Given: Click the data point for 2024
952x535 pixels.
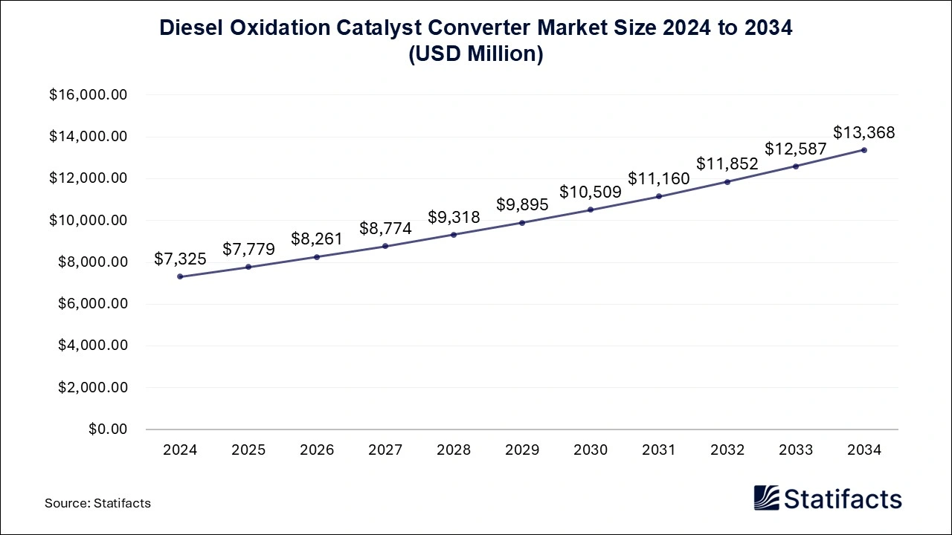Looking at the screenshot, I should point(180,276).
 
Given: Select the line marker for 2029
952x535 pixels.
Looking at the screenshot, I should point(522,223).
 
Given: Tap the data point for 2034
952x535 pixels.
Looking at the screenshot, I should point(864,150).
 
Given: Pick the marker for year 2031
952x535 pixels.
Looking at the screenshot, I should point(659,196).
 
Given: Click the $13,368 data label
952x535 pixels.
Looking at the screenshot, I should point(863,133).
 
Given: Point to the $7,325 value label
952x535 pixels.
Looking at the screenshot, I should point(179,259).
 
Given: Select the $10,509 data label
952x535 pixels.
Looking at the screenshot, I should point(590,192).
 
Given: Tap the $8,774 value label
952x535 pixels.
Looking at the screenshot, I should point(385,228).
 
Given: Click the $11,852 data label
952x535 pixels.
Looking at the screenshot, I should point(727,163).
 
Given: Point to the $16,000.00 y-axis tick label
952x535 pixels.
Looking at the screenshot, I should point(89,95).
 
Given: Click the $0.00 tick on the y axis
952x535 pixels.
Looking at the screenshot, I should point(108,429).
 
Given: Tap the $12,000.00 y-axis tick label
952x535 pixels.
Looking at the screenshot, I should point(89,178).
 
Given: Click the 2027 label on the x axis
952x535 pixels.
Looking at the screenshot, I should point(385,450).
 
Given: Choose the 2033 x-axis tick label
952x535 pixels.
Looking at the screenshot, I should point(796,450).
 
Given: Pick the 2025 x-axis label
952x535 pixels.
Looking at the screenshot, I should point(248,450).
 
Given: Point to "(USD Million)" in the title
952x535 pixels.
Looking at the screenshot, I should point(476,54).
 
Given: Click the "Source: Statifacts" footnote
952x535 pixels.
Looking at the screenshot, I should point(97,503).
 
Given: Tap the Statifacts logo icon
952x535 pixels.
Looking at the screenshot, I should point(766,498).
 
